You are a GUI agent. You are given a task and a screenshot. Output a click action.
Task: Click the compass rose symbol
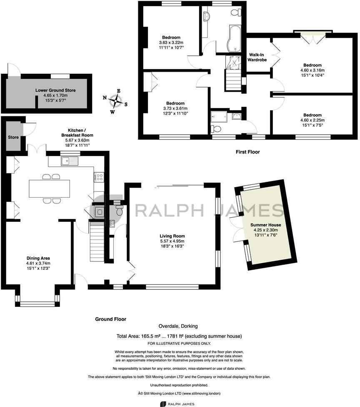(115, 101)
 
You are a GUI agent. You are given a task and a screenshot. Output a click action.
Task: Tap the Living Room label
(172, 236)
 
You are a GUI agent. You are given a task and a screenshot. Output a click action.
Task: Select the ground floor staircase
(96, 241)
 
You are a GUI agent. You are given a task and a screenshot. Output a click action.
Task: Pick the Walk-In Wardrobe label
(257, 57)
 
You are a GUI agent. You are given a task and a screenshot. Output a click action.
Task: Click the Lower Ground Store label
(55, 90)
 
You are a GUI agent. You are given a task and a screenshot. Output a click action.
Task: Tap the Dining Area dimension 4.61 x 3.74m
(38, 263)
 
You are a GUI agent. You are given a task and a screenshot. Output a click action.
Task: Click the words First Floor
(247, 152)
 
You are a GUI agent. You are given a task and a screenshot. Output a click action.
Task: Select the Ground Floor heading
(110, 319)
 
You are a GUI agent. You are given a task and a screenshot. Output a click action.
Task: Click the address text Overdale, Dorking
(178, 326)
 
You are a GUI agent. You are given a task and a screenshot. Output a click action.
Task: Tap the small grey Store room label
(13, 137)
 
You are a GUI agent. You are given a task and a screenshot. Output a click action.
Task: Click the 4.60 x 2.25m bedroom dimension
(312, 120)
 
